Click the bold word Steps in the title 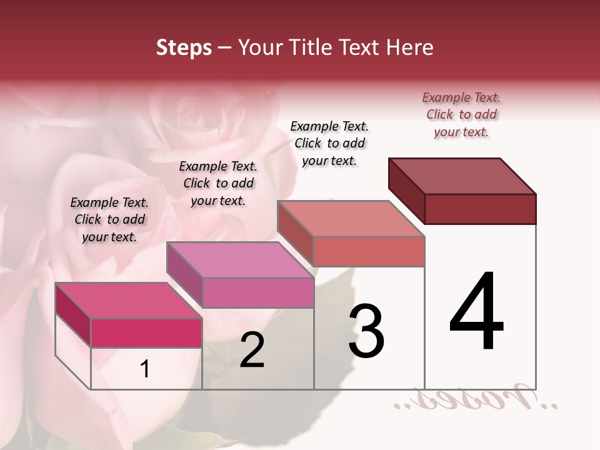coord(184,47)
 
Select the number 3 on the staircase coord(366,331)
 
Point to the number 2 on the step coord(252,351)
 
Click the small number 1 coord(145,369)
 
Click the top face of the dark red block coord(462,176)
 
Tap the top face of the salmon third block coord(351,219)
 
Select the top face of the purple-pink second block coord(240,260)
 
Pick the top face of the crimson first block coord(129,301)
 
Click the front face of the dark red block coord(480,209)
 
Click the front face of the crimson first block coord(146,332)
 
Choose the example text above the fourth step coord(461,114)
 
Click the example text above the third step coord(329,143)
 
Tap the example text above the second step coord(218,183)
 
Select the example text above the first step coord(109,219)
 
